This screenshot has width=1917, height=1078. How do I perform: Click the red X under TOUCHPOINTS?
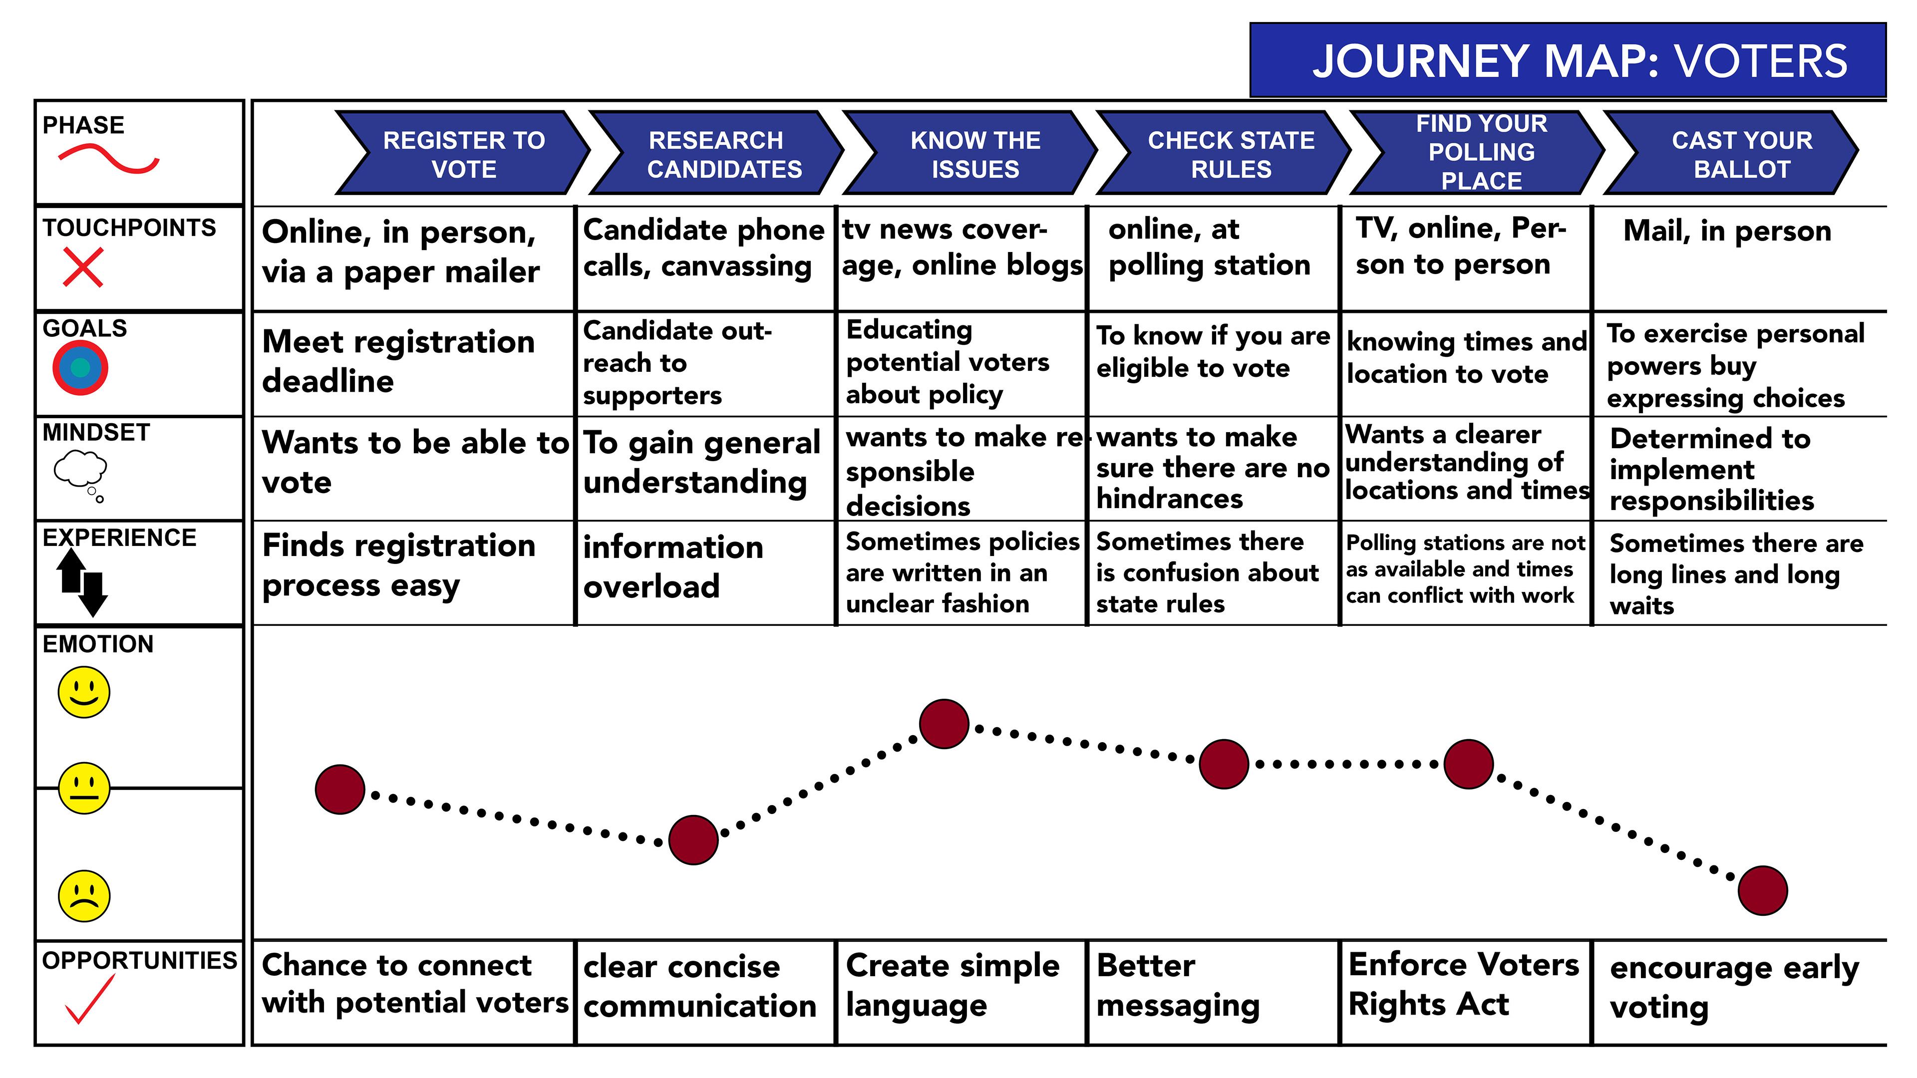click(x=82, y=268)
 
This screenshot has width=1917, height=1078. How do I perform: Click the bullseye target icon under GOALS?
click(x=80, y=367)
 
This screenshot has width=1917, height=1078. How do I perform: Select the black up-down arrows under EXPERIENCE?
click(x=82, y=582)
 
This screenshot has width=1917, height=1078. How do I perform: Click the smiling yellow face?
click(x=84, y=692)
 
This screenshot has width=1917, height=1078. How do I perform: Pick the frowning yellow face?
click(x=84, y=896)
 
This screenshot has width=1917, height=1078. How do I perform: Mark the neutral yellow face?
click(x=84, y=788)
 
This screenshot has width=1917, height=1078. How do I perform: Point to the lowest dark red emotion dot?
click(x=1762, y=890)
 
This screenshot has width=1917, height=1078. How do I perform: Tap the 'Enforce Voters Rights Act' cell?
click(x=1463, y=984)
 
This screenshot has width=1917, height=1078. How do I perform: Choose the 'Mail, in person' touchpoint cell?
click(x=1726, y=232)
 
